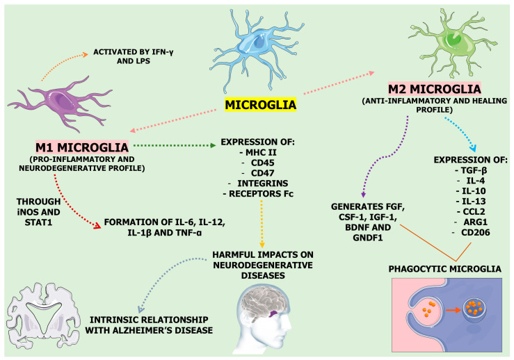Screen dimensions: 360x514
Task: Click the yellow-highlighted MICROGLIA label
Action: (259, 106)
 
